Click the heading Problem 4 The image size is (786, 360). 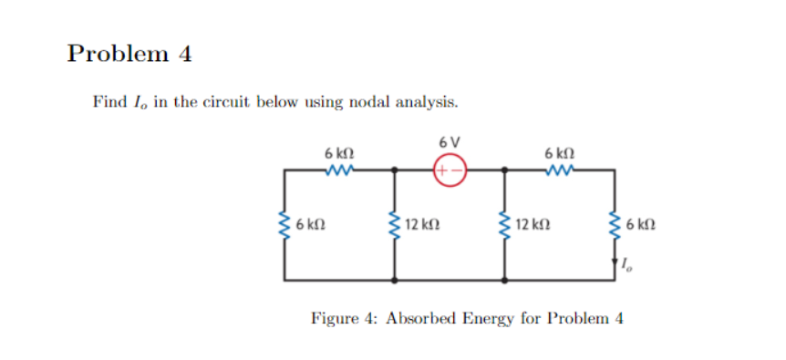click(129, 53)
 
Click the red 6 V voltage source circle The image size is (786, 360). click(450, 170)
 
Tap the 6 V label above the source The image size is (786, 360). click(450, 143)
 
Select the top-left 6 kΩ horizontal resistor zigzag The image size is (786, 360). click(339, 169)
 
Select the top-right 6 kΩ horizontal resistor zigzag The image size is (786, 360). click(559, 169)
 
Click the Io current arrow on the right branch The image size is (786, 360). click(615, 263)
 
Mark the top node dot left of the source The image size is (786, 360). click(394, 170)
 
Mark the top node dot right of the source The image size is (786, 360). click(504, 170)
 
